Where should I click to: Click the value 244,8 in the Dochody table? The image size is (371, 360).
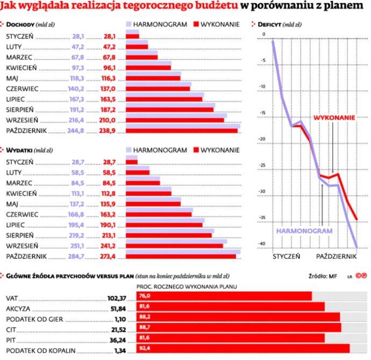coord(76,131)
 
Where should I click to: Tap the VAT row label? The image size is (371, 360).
coord(11,298)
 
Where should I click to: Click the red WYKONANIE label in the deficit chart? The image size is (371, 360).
coord(334,117)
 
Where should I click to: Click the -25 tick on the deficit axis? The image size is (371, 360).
coord(263,165)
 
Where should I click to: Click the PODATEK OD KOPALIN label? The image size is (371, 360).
coord(34,351)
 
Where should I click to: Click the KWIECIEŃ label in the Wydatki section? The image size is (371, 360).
coord(22,193)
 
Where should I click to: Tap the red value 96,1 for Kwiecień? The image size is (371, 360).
coord(109,68)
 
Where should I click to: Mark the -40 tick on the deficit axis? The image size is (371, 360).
coord(263,244)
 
